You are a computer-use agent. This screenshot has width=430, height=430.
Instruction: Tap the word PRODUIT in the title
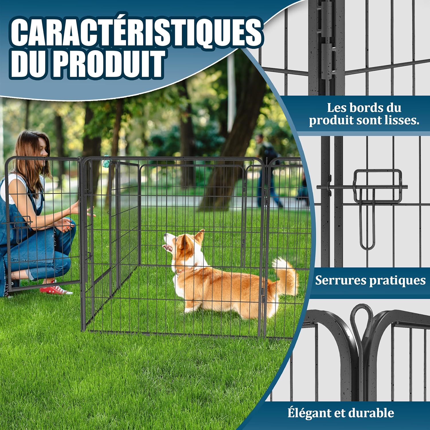pyautogui.click(x=109, y=64)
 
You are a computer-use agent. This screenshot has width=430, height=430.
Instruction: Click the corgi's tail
pyautogui.click(x=285, y=275)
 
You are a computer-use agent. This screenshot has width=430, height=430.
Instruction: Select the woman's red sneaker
pyautogui.click(x=56, y=290)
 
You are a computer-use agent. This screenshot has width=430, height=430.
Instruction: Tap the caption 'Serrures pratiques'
pyautogui.click(x=370, y=280)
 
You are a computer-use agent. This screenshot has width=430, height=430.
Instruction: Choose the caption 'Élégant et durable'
pyautogui.click(x=341, y=413)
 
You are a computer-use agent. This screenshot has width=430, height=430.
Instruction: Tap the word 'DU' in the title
pyautogui.click(x=30, y=64)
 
